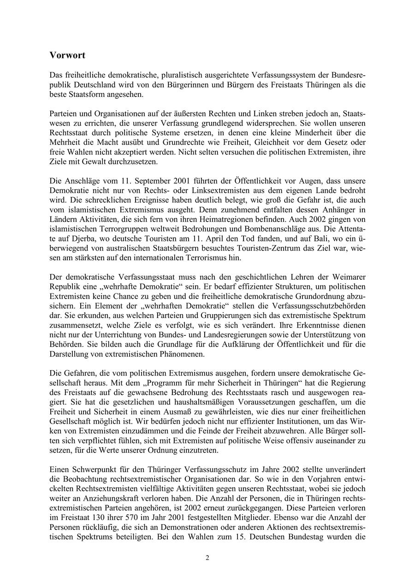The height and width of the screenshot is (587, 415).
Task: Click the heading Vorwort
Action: point(67,55)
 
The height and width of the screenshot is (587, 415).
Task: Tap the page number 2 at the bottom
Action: point(207,557)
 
